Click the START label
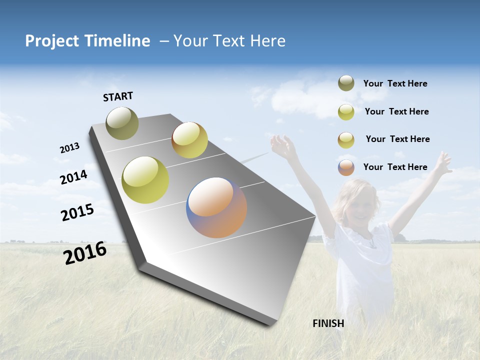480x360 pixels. tap(118, 96)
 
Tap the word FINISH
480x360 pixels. tap(328, 323)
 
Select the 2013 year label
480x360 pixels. tap(69, 147)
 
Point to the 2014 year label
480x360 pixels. tap(73, 177)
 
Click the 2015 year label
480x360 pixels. tap(77, 212)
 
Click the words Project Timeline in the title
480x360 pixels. tap(87, 41)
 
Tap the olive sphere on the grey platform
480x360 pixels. tap(122, 123)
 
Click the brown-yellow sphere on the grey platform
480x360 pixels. tap(189, 140)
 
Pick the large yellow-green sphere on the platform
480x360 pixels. tap(145, 180)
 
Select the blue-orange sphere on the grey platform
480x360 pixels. tap(216, 207)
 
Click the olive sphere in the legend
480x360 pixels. tap(346, 83)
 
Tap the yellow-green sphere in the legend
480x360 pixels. tap(346, 112)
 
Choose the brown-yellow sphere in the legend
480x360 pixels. tap(346, 140)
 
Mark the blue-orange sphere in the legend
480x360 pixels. tap(346, 167)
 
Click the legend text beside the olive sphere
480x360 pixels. tap(395, 83)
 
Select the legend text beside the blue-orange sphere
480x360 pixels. tap(395, 167)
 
